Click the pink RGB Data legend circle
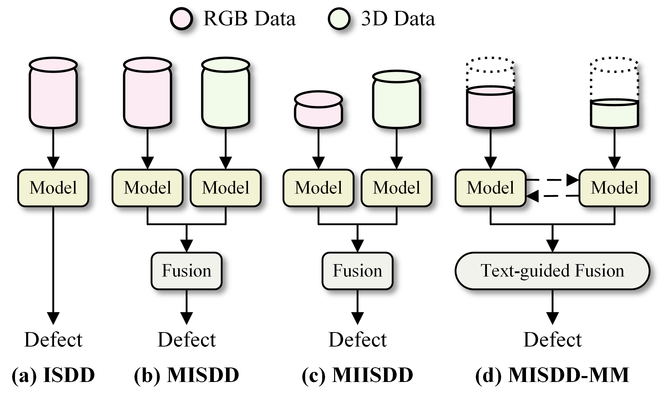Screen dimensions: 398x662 coord(181,19)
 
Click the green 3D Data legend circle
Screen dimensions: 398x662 coord(339,19)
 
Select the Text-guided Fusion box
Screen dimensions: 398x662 coord(552,271)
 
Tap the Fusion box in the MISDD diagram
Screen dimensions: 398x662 coord(186,271)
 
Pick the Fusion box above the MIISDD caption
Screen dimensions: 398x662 coord(357,271)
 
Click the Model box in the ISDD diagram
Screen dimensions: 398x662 coord(53,188)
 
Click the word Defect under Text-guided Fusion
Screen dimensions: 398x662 coord(552,340)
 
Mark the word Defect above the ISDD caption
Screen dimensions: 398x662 coord(53,340)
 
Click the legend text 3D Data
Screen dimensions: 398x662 coord(398,19)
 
